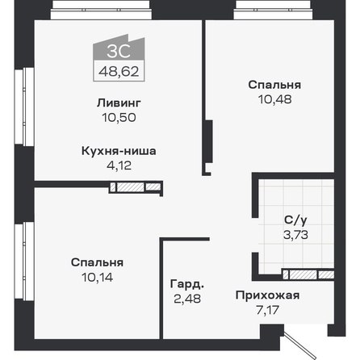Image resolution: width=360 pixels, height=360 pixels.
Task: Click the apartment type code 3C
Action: click(119, 51)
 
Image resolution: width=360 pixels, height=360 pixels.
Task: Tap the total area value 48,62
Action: click(119, 71)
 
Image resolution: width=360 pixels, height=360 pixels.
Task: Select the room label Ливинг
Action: click(119, 103)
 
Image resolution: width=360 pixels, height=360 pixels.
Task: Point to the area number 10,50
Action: click(119, 118)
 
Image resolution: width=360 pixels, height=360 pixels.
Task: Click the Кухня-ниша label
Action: click(119, 151)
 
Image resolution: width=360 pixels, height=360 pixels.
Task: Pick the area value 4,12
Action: click(119, 165)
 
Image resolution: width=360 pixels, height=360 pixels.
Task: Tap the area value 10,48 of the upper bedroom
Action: click(274, 99)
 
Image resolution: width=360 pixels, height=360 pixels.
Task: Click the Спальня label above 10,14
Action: click(97, 262)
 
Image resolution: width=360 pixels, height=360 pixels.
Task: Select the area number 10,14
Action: click(97, 277)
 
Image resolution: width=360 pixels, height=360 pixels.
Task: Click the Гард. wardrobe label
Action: click(187, 284)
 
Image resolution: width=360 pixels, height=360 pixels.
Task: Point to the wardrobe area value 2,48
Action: click(187, 299)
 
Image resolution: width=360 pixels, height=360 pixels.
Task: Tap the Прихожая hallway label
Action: click(267, 295)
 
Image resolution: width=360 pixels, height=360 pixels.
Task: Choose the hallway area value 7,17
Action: click(267, 310)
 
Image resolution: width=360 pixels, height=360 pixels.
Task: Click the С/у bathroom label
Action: click(295, 220)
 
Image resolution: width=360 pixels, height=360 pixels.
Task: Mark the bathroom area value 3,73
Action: click(295, 235)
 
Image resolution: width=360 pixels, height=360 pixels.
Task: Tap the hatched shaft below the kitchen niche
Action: click(136, 187)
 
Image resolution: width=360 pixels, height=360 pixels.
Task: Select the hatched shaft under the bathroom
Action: click(308, 274)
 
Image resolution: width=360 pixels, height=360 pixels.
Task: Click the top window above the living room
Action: click(101, 10)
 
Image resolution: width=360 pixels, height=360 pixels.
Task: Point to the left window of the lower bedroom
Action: click(24, 261)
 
